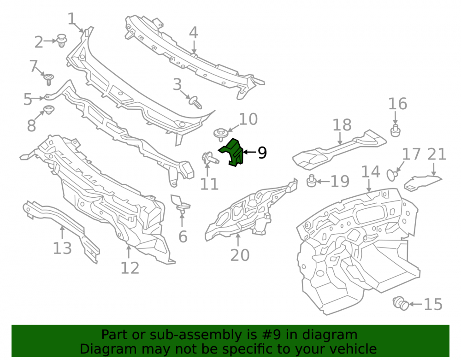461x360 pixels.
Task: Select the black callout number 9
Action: tap(262, 153)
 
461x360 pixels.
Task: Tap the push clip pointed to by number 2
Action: tap(62, 41)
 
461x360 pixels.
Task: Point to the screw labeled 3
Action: tap(195, 102)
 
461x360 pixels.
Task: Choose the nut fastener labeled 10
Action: tap(220, 134)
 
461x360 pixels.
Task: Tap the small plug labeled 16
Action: tap(396, 130)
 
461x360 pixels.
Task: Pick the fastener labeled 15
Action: tap(401, 303)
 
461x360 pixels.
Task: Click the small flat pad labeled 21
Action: tap(422, 183)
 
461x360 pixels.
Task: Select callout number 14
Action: tap(370, 171)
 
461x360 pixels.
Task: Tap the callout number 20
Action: tap(240, 255)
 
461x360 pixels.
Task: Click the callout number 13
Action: tap(62, 248)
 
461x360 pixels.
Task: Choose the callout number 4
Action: tap(193, 32)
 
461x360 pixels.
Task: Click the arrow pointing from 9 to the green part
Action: tap(249, 152)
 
